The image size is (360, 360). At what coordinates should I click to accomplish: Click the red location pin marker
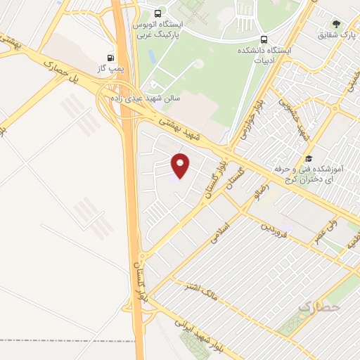tap(181, 166)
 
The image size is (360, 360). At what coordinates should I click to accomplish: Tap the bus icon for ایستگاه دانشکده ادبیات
tap(264, 39)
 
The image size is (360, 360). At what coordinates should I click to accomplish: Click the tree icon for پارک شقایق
tap(335, 22)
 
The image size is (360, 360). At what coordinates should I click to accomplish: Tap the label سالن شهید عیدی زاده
tap(146, 98)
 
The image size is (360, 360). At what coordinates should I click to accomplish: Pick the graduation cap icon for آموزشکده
tap(307, 159)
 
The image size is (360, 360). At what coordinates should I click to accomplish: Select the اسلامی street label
tap(220, 234)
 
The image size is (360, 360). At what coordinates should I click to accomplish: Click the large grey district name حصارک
tap(319, 307)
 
